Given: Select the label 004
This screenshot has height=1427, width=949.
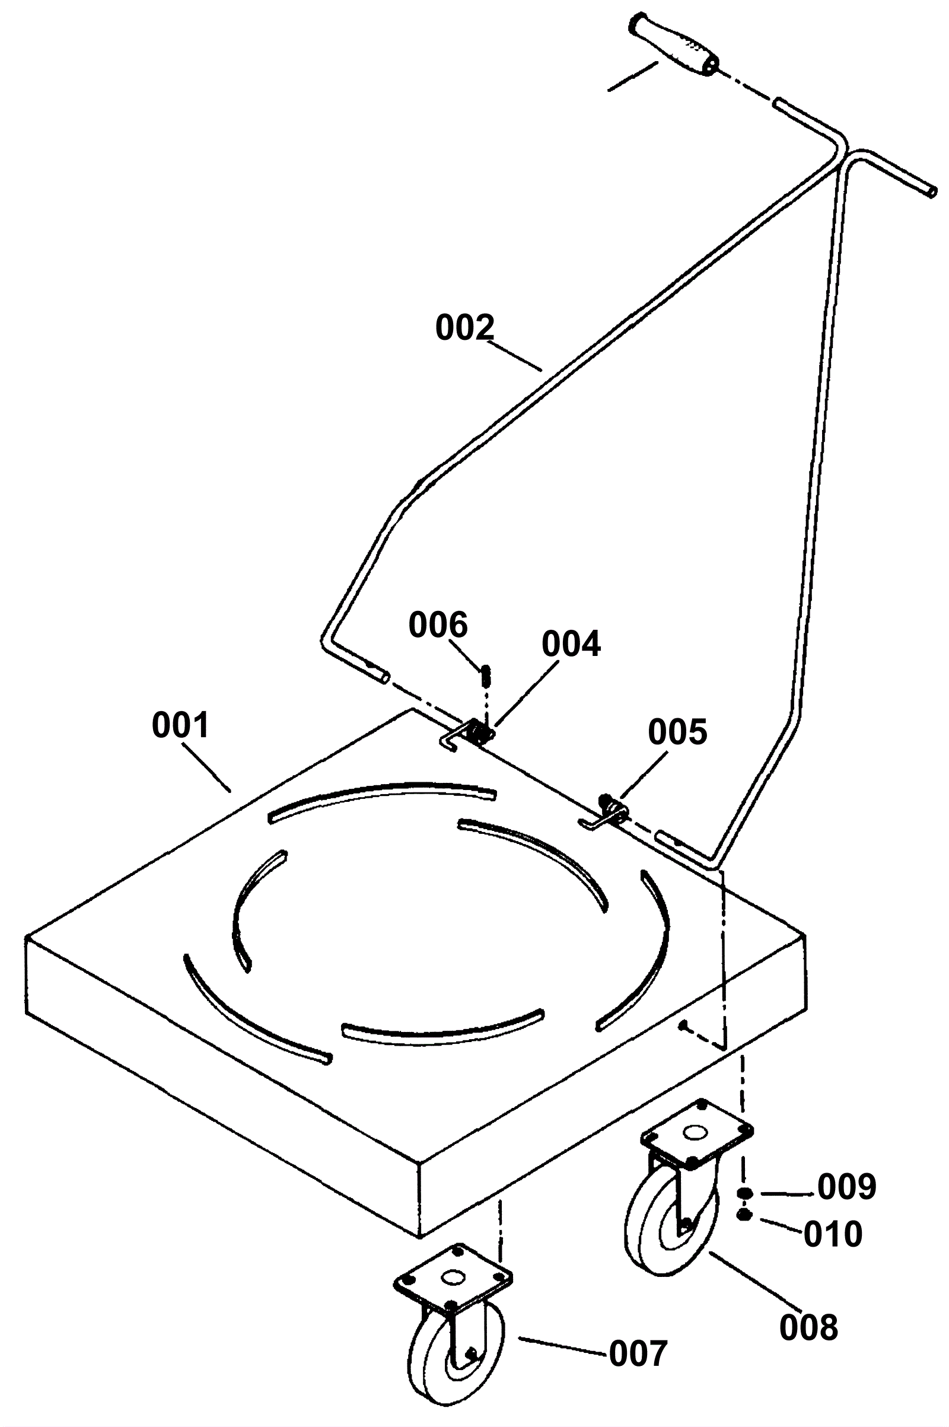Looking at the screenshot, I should point(571,644).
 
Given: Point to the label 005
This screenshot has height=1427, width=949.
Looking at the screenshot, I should point(677,732).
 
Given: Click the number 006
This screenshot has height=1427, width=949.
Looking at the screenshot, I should point(438,625).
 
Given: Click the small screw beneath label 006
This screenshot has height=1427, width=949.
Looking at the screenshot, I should point(486,676).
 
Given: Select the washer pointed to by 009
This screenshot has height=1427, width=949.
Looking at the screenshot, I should point(744,1193).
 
